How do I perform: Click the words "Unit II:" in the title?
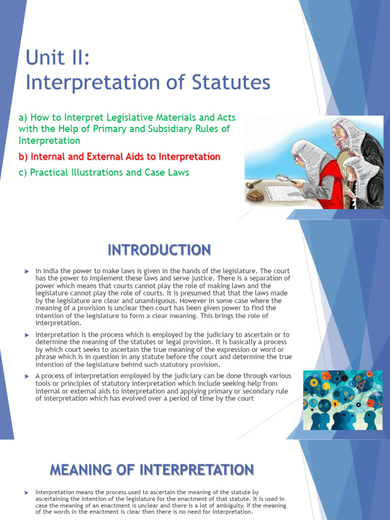tap(57, 58)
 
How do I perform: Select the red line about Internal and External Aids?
tap(119, 156)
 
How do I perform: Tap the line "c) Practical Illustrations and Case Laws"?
tap(104, 172)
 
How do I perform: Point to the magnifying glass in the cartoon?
tap(282, 178)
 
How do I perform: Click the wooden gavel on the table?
tap(254, 183)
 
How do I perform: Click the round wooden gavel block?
tap(255, 196)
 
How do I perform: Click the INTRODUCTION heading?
tap(159, 250)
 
